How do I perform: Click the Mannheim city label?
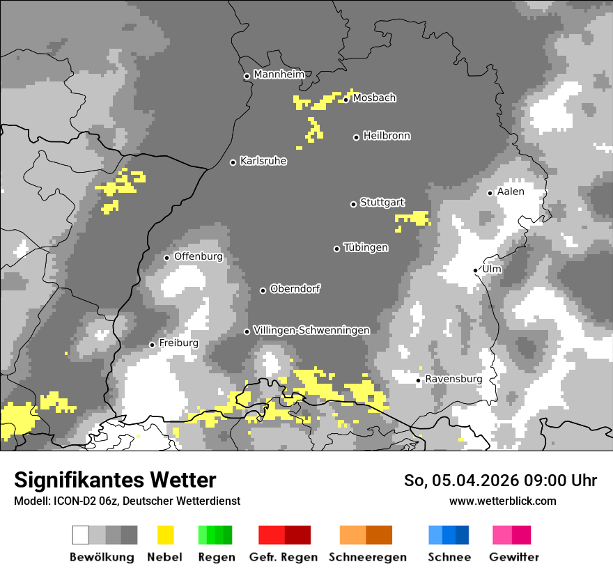point(279,75)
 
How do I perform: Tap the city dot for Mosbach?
point(346,100)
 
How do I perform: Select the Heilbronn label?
point(387,136)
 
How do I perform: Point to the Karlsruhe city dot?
point(233,162)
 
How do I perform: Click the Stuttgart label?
point(382,203)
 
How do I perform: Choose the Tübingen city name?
point(366,248)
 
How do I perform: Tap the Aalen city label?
point(511,192)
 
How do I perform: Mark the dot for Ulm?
point(476,270)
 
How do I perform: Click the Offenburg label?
point(199,256)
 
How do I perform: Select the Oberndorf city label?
point(295,289)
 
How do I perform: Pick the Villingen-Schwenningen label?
point(311,330)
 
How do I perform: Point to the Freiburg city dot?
point(152,345)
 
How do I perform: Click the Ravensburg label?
point(453,379)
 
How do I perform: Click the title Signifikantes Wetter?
point(115,481)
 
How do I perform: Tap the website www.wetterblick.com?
point(502,501)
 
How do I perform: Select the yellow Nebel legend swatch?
point(165,535)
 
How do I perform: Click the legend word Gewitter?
point(513,557)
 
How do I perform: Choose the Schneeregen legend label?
point(367,557)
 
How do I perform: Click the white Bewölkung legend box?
point(81,535)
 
